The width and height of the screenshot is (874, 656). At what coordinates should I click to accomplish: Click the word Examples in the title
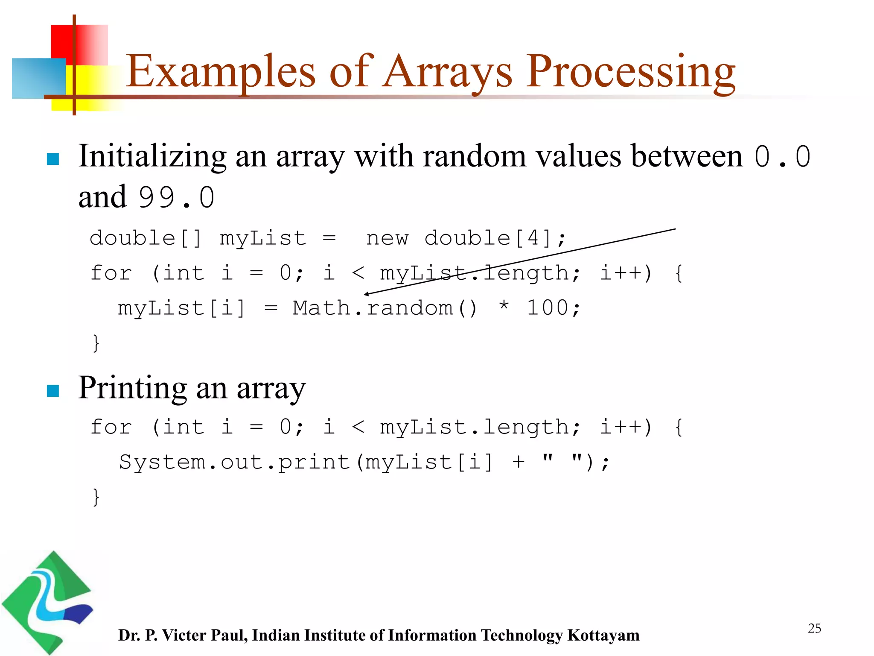coord(220,72)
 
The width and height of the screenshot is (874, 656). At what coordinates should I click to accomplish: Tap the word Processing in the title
coord(631,72)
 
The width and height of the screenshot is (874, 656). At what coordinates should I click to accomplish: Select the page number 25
coord(814,628)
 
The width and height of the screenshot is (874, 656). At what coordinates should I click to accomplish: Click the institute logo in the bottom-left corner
coord(47,602)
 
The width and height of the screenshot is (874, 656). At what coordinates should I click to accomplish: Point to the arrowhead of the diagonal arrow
coord(366,294)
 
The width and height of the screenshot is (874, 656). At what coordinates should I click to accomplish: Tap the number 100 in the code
coord(547,308)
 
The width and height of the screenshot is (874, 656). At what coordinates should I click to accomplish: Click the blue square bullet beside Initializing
coord(53,159)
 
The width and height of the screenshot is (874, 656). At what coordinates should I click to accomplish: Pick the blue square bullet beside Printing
coord(53,391)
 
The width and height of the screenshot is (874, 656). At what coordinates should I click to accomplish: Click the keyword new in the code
coord(387,238)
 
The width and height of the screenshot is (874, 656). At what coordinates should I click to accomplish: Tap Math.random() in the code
coord(385,308)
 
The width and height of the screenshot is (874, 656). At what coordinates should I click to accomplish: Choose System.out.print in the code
coord(234,462)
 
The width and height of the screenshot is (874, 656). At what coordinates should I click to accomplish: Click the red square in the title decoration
coord(64,41)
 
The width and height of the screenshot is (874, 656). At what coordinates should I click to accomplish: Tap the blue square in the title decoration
coord(38,79)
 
